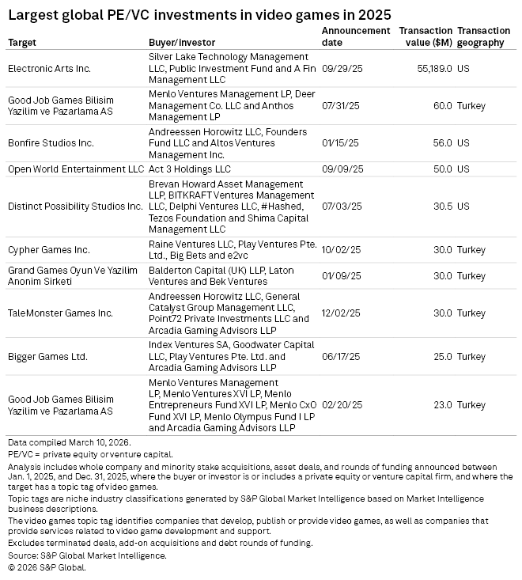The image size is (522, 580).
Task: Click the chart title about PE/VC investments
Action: tap(199, 15)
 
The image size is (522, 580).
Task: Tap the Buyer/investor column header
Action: tap(181, 43)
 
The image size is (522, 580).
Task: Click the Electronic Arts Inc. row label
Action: tap(49, 69)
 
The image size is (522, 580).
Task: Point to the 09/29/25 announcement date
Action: tap(341, 69)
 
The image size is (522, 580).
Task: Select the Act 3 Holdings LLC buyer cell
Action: tap(190, 169)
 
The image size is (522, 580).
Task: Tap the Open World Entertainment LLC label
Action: tap(76, 169)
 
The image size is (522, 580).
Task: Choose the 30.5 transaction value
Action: tap(442, 206)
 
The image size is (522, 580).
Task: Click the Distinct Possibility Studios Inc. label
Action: tap(76, 206)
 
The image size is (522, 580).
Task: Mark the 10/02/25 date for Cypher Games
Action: tap(341, 249)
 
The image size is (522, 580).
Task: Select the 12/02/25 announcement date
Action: tap(341, 313)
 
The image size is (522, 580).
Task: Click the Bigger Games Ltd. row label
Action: tap(47, 356)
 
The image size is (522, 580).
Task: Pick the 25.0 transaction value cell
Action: tap(442, 356)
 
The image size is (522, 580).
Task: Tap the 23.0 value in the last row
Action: tap(442, 405)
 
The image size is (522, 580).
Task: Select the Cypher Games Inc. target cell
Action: tap(48, 249)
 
